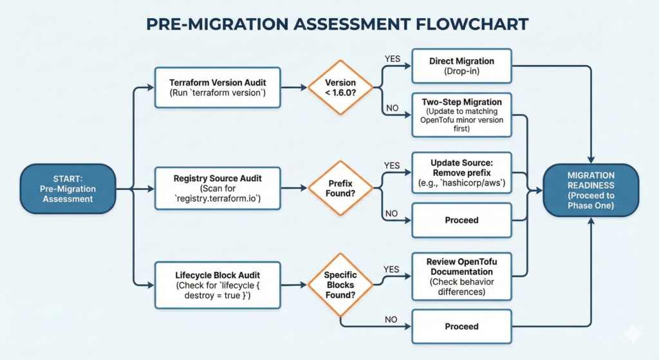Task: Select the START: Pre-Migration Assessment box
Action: coord(68,189)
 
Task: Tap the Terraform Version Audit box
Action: coord(218,88)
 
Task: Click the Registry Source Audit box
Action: coord(218,188)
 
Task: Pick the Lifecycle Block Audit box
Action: coord(218,284)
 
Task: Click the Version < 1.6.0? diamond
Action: coord(340,88)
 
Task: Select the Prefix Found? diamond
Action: coord(340,188)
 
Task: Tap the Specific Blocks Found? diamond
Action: coord(340,284)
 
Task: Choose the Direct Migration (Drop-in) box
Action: coord(461,66)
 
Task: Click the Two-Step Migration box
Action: coord(461,117)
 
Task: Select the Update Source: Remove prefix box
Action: coord(461,172)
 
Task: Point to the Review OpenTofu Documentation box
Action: coord(461,276)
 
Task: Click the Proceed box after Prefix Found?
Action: coord(461,220)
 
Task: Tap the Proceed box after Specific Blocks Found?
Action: coord(461,327)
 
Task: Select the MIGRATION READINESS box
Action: coord(591,189)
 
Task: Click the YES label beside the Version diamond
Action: coord(392,59)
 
